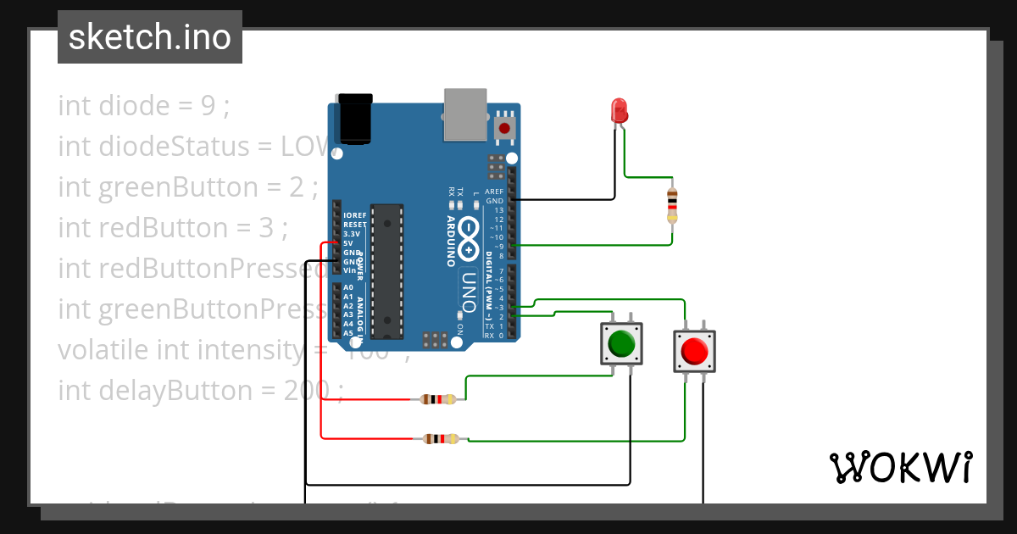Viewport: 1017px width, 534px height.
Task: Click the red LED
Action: click(x=620, y=111)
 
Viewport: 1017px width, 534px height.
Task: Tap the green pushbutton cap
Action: click(x=621, y=343)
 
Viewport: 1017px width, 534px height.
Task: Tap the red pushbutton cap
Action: click(x=693, y=350)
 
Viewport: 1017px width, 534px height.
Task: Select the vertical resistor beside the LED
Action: click(x=672, y=205)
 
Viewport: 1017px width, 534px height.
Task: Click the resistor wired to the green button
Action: click(x=437, y=399)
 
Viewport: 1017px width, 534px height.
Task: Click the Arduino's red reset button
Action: click(x=505, y=129)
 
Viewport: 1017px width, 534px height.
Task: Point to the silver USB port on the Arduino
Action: click(x=464, y=114)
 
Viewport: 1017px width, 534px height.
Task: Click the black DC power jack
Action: click(x=354, y=119)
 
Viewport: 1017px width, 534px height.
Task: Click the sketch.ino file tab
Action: click(x=150, y=37)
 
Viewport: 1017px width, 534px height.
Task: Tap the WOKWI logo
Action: click(x=900, y=467)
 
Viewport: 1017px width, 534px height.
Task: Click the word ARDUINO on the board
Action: click(x=451, y=241)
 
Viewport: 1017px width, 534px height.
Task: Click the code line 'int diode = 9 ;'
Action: click(x=144, y=106)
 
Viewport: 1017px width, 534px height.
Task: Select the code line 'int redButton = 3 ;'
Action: click(x=173, y=228)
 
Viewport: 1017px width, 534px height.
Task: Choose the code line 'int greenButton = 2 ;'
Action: click(x=187, y=187)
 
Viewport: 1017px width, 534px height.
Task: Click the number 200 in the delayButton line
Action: click(x=306, y=391)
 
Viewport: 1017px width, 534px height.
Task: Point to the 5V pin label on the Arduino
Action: click(x=347, y=242)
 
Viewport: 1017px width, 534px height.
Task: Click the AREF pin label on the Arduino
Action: click(x=494, y=192)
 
